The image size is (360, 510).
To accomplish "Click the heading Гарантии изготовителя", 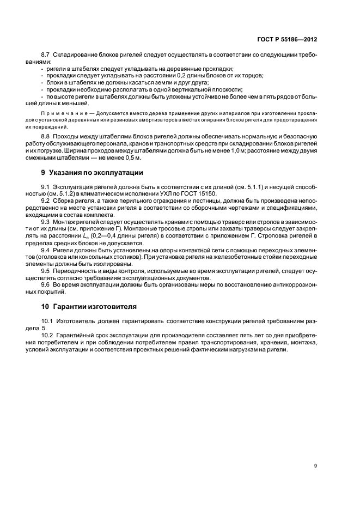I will (90, 306).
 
